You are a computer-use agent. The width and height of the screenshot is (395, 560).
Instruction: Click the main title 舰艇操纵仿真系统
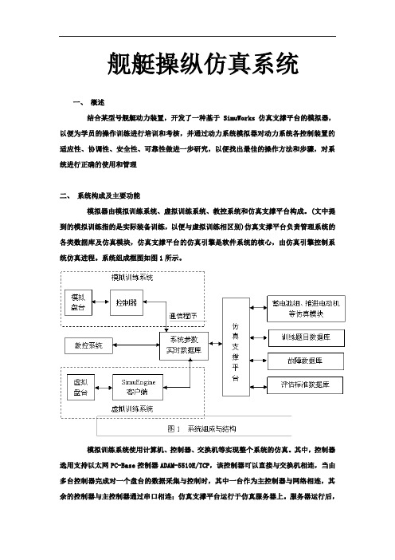coord(203,64)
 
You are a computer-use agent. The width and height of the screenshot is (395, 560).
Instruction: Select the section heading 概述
coord(97,102)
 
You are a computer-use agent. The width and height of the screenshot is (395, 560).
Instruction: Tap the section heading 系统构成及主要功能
coord(109,195)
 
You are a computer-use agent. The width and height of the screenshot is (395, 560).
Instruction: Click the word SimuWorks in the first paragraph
coord(239,118)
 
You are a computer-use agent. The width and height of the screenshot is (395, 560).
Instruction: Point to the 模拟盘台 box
coord(78,302)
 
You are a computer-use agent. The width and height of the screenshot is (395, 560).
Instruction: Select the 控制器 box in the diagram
coord(127,302)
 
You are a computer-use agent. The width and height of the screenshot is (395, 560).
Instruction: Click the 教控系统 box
coord(88,345)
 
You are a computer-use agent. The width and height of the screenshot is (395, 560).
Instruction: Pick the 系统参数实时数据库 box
coord(184,345)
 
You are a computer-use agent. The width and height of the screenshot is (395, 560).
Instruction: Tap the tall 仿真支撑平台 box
coord(236,347)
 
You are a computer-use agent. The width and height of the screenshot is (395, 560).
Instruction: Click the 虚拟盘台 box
coord(81,388)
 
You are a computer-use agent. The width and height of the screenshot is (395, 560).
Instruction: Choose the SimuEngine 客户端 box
coord(138,387)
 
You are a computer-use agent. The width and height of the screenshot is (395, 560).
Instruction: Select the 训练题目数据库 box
coord(307,338)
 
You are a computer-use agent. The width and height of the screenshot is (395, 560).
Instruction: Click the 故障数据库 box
coord(306,361)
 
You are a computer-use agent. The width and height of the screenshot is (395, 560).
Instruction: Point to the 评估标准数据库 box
coord(305,385)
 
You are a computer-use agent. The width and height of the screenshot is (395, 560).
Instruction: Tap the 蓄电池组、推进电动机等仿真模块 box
coord(307,309)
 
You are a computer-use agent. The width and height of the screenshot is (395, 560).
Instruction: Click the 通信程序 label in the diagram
coord(182,316)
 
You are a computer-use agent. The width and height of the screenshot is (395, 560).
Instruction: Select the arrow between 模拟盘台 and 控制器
coord(101,302)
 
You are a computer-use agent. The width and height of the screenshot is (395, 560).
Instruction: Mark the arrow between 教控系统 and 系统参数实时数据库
coord(136,345)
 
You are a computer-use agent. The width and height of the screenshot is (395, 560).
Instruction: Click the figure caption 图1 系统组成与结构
coord(201,428)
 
